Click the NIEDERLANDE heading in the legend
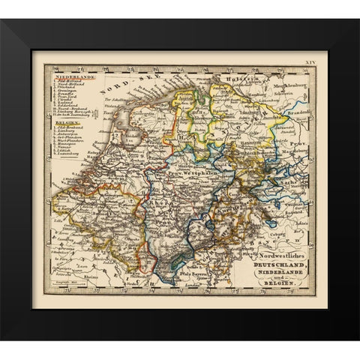pos(73,75)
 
